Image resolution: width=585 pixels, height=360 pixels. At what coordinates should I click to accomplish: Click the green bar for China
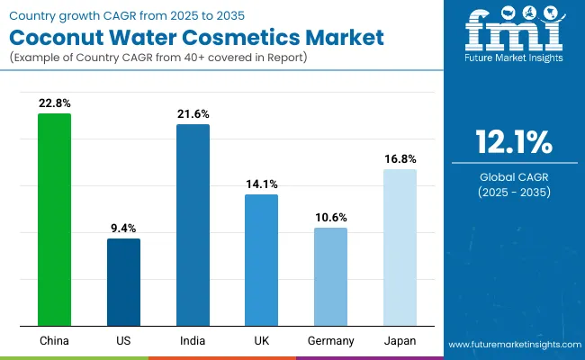[x=54, y=220]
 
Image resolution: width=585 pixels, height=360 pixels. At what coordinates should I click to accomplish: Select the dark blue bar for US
[x=123, y=282]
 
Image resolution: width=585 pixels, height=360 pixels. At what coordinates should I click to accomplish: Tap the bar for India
[x=193, y=225]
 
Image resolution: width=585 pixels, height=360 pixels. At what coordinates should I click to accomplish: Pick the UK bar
[x=261, y=260]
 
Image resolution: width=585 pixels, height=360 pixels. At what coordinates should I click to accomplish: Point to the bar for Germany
[x=330, y=276]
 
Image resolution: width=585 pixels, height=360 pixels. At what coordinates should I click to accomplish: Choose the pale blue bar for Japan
[x=400, y=247]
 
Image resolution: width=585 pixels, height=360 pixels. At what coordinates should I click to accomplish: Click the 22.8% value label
[x=54, y=103]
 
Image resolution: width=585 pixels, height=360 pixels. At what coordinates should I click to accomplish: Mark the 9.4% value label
[x=123, y=229]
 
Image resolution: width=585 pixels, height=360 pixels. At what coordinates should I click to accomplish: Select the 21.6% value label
[x=193, y=114]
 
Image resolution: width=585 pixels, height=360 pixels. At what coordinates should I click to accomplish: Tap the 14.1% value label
[x=261, y=184]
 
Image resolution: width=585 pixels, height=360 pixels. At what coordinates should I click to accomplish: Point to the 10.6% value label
[x=330, y=218]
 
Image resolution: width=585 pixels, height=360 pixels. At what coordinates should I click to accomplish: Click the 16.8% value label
[x=400, y=159]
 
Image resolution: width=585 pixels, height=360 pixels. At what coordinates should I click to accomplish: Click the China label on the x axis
[x=54, y=341]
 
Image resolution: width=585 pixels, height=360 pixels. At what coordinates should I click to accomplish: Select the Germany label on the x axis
[x=330, y=341]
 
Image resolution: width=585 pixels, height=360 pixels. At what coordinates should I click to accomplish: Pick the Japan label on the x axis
[x=400, y=341]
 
